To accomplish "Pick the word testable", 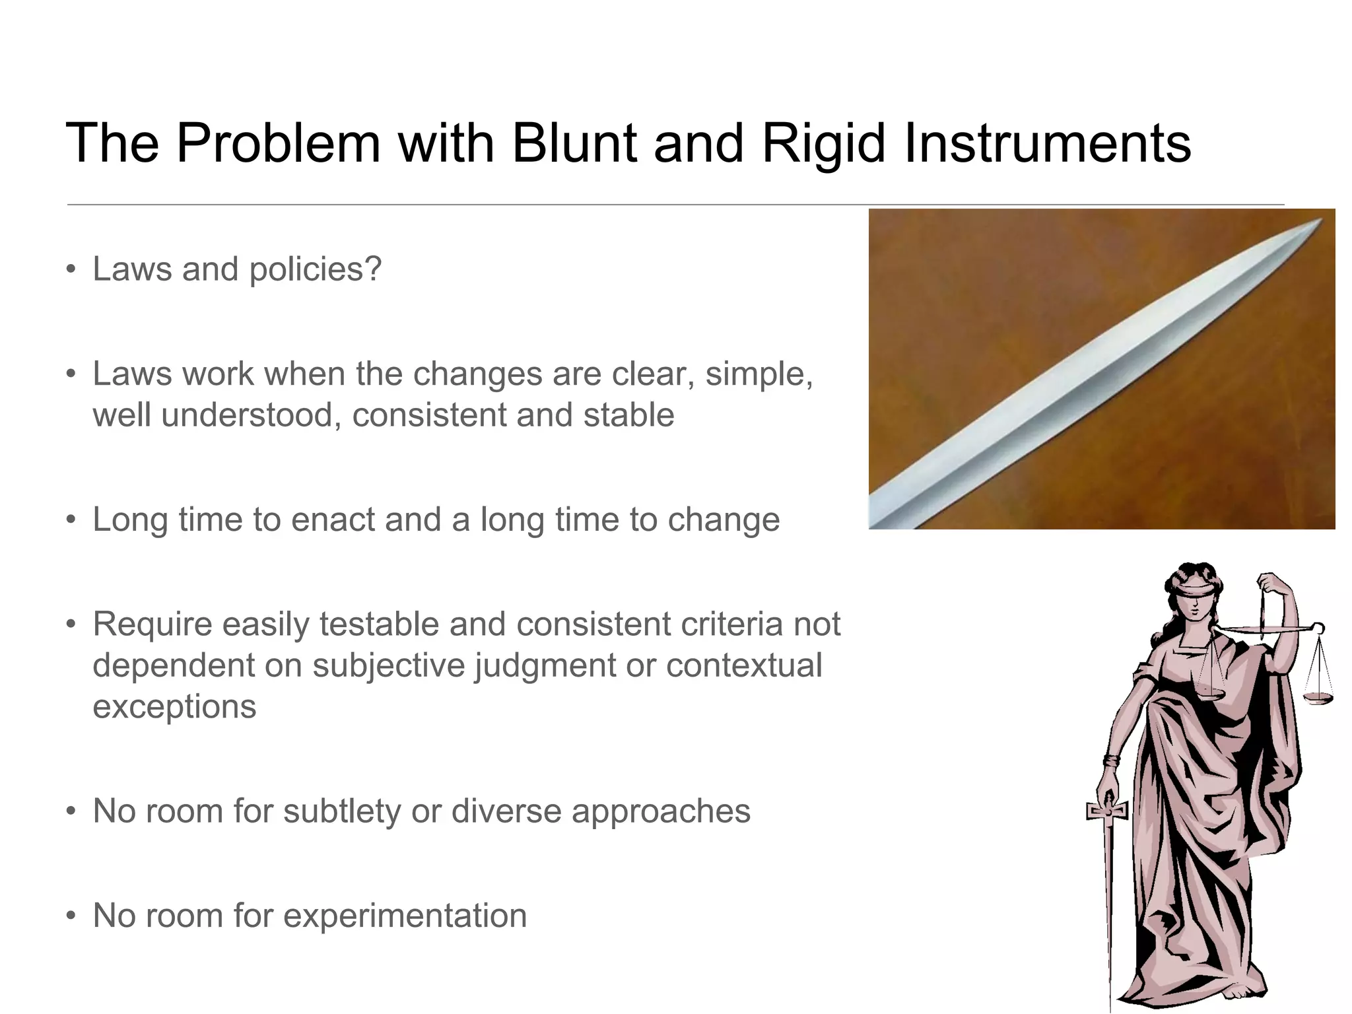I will [379, 625].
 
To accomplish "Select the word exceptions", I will [174, 706].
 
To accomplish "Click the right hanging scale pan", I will [1318, 697].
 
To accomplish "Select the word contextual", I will [744, 665].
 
